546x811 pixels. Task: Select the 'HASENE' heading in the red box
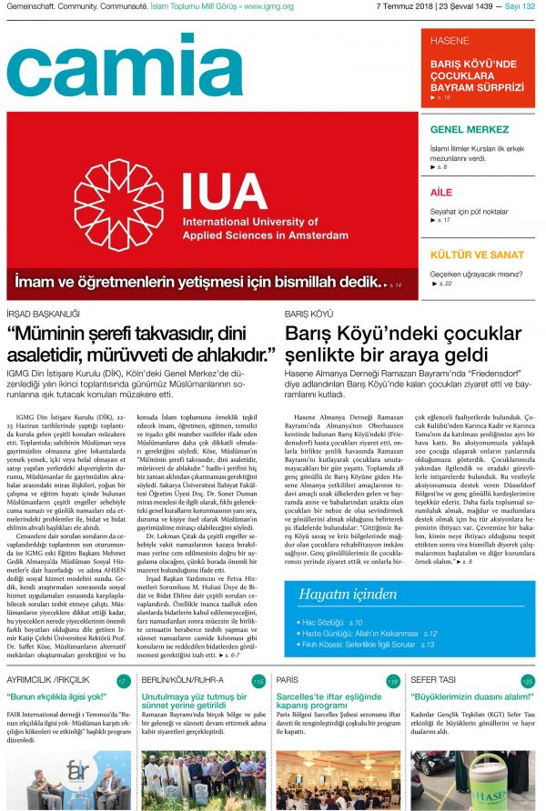click(x=450, y=41)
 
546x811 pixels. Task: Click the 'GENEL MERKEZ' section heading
click(x=469, y=129)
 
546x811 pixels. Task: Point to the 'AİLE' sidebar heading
click(x=441, y=192)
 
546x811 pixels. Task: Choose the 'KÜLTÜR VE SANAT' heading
click(x=477, y=255)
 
